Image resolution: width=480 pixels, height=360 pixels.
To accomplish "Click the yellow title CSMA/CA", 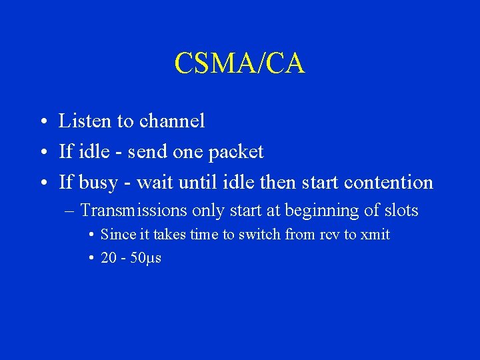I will click(x=239, y=63).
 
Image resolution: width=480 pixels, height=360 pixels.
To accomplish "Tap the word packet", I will click(x=235, y=152).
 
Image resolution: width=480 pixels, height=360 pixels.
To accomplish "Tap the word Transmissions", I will click(x=133, y=211).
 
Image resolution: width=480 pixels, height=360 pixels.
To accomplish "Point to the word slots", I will click(x=401, y=211).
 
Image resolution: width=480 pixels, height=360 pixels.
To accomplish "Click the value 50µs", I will click(x=146, y=258).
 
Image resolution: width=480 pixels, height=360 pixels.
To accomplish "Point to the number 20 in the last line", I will click(x=108, y=258).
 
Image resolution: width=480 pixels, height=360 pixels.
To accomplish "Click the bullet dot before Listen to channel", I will click(x=42, y=123).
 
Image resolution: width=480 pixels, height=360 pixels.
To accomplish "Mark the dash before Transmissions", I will click(x=70, y=211).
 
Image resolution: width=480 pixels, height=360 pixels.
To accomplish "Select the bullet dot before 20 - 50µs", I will click(x=90, y=259).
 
